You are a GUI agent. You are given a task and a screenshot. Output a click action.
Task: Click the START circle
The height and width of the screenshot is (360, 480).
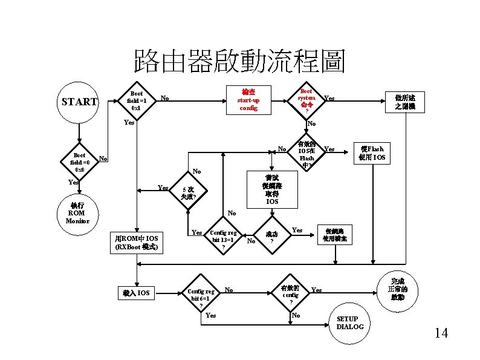coord(79,102)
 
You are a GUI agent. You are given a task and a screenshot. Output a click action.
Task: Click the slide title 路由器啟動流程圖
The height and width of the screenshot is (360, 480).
coord(239,61)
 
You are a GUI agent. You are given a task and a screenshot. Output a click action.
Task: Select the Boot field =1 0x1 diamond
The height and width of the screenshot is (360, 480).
coord(137,100)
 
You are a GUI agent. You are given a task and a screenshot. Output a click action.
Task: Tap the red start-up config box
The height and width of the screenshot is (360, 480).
coord(248,99)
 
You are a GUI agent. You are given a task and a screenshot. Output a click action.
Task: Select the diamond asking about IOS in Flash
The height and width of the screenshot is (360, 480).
coord(306,154)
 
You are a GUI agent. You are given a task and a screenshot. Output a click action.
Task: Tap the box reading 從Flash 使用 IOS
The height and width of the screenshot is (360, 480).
coord(371,154)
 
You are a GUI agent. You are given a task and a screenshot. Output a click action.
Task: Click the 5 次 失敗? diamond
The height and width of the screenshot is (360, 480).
coord(188,193)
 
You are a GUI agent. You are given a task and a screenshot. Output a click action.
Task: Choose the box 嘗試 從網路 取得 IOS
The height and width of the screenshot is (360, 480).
coord(272,190)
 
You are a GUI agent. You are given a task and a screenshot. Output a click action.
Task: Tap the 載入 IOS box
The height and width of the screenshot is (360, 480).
coord(136,293)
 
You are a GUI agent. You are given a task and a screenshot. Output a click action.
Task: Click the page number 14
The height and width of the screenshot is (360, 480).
coord(441,332)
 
